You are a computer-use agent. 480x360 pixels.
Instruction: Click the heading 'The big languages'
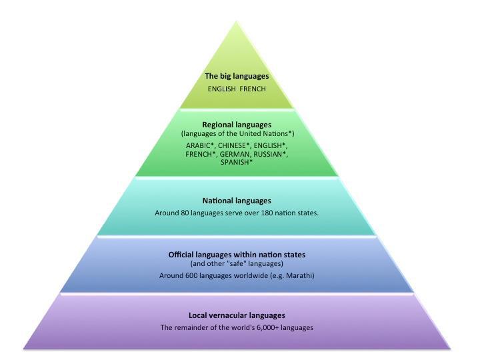237,76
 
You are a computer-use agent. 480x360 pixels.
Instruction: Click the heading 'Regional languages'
237,125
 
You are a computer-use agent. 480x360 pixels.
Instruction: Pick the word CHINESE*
237,145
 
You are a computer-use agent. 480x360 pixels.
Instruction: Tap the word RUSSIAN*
270,153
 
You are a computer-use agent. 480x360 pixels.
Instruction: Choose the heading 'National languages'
237,201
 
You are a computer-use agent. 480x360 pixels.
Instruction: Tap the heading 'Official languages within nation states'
237,255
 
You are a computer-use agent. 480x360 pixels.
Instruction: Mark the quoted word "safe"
239,263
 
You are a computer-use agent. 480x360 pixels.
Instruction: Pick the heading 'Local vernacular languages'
237,315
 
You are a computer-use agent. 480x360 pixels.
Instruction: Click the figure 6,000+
265,327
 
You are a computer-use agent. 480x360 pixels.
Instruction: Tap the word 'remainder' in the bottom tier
191,327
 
